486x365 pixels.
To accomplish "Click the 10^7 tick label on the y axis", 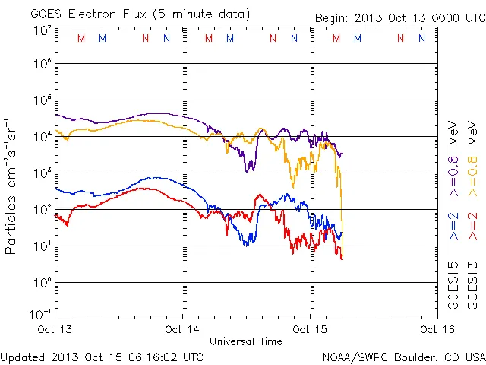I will pos(43,30).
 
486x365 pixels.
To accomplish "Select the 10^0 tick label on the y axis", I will pos(43,283).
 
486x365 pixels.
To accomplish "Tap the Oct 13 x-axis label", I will pos(56,329).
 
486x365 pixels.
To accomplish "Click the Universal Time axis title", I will pos(246,341).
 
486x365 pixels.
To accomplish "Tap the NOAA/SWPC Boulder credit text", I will pos(403,356).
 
